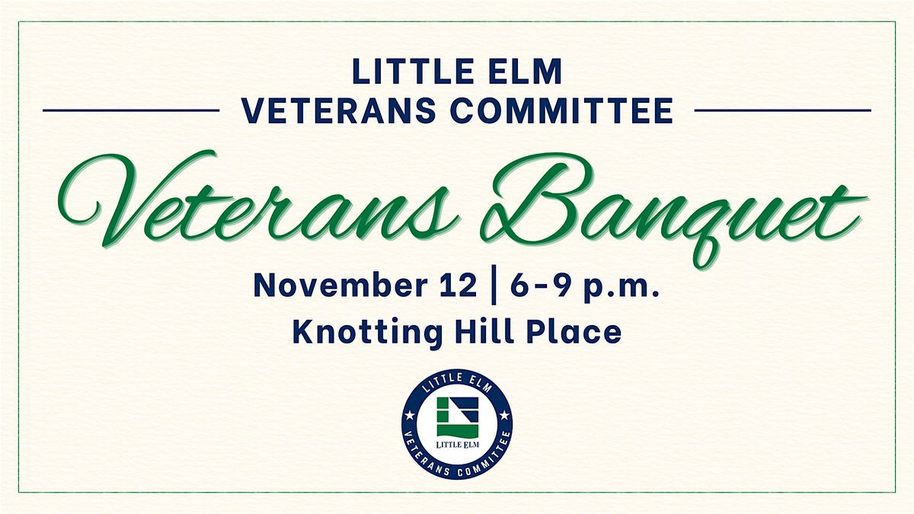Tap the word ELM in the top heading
click(x=517, y=72)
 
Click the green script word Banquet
click(x=673, y=208)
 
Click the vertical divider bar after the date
click(x=494, y=285)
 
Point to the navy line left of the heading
click(x=131, y=110)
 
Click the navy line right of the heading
click(x=783, y=110)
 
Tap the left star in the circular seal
click(x=409, y=416)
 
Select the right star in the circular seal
click(x=505, y=416)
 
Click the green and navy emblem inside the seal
click(x=458, y=417)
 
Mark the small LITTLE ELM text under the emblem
click(x=458, y=444)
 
